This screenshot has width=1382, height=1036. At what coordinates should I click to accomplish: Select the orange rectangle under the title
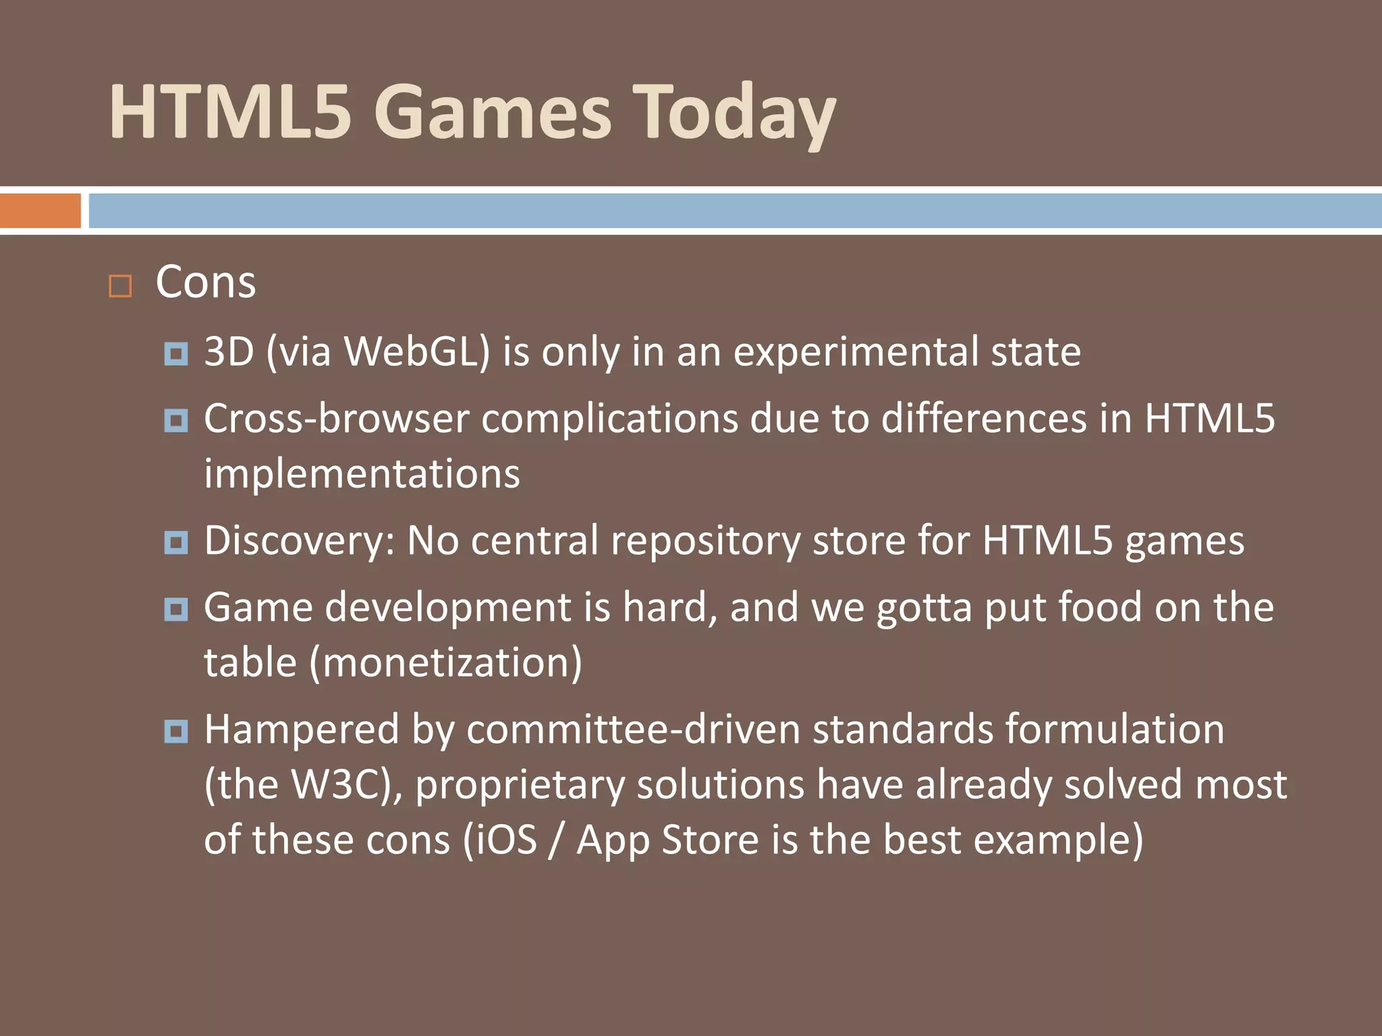40,210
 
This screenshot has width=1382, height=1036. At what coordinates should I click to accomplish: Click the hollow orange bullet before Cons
120,286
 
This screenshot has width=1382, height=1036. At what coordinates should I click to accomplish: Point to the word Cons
206,282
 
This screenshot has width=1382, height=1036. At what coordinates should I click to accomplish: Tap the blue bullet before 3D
176,353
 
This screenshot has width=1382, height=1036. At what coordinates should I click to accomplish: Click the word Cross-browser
336,419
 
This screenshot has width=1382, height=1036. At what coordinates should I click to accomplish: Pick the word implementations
362,474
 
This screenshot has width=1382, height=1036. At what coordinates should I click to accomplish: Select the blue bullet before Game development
176,610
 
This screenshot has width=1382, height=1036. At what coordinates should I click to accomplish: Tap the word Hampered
302,730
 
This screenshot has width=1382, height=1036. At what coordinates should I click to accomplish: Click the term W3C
341,785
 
